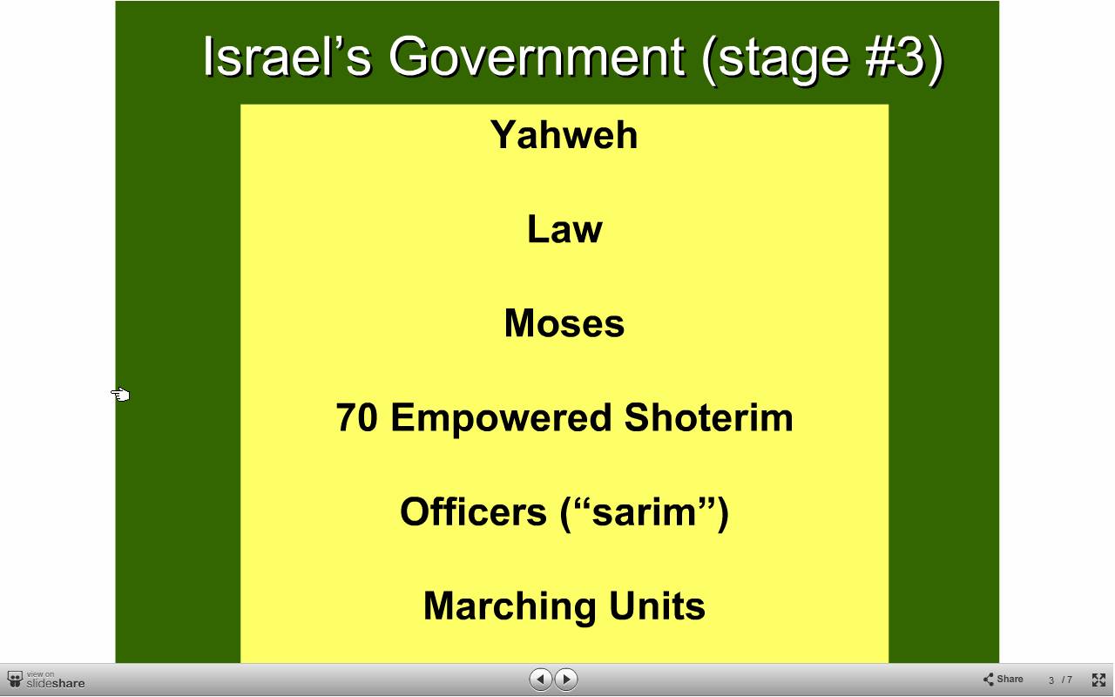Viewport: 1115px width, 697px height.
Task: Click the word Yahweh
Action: (x=564, y=135)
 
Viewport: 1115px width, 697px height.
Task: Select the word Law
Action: (x=564, y=229)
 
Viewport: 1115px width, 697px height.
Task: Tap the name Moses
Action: (x=564, y=323)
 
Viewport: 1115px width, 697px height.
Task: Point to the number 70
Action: (x=356, y=417)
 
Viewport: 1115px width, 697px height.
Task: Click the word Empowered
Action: (x=501, y=419)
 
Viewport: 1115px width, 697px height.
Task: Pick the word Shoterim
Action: (x=708, y=417)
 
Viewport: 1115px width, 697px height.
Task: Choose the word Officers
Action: (x=473, y=511)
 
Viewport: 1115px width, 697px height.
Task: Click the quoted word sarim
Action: (x=645, y=512)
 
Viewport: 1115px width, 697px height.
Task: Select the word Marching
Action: (x=510, y=607)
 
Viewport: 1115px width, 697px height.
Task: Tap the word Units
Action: (x=657, y=606)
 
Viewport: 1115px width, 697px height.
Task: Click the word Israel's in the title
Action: (x=287, y=57)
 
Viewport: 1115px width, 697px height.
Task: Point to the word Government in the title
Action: (x=537, y=57)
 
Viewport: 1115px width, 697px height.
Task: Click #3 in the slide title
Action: (x=895, y=57)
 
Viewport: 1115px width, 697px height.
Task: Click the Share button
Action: (x=1003, y=679)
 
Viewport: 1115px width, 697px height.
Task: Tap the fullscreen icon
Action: (x=1098, y=680)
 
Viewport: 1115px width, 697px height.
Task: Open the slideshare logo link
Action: (x=46, y=680)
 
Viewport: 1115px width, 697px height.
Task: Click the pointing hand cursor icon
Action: (x=120, y=395)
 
